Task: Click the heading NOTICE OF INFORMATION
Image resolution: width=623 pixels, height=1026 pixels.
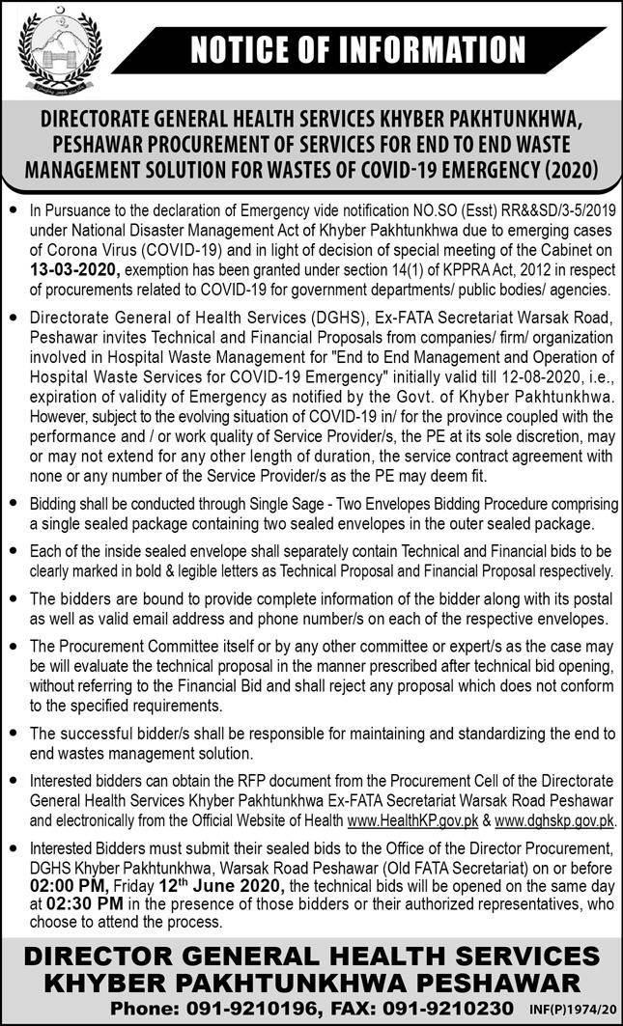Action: point(356,49)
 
